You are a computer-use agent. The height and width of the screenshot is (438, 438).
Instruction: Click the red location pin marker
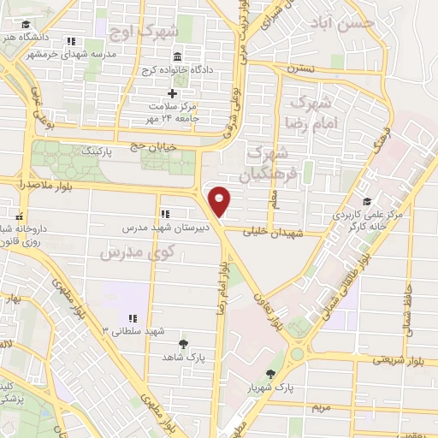(x=221, y=202)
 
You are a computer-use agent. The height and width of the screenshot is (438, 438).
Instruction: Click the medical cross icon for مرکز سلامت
(x=172, y=92)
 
